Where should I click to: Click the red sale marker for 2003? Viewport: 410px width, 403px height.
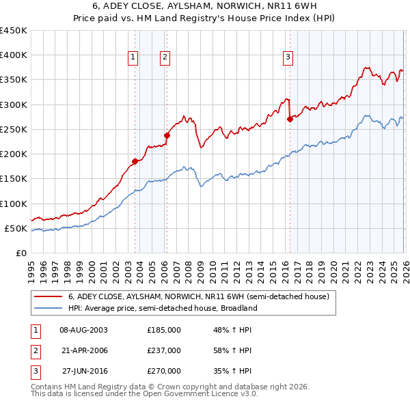click(x=135, y=161)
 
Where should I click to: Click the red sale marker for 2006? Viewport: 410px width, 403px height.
click(x=167, y=135)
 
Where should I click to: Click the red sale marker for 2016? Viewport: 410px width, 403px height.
click(x=290, y=119)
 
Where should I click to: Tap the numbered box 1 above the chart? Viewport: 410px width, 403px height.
click(x=133, y=57)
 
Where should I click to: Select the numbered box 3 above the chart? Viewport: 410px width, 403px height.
click(x=288, y=57)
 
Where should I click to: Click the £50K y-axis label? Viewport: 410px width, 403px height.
click(x=16, y=228)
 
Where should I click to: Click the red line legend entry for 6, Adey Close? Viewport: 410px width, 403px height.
click(x=198, y=296)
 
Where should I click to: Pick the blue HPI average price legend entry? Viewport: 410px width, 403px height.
click(x=162, y=308)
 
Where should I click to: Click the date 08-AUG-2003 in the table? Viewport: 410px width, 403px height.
click(x=84, y=330)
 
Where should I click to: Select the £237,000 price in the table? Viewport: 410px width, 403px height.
click(x=164, y=350)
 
